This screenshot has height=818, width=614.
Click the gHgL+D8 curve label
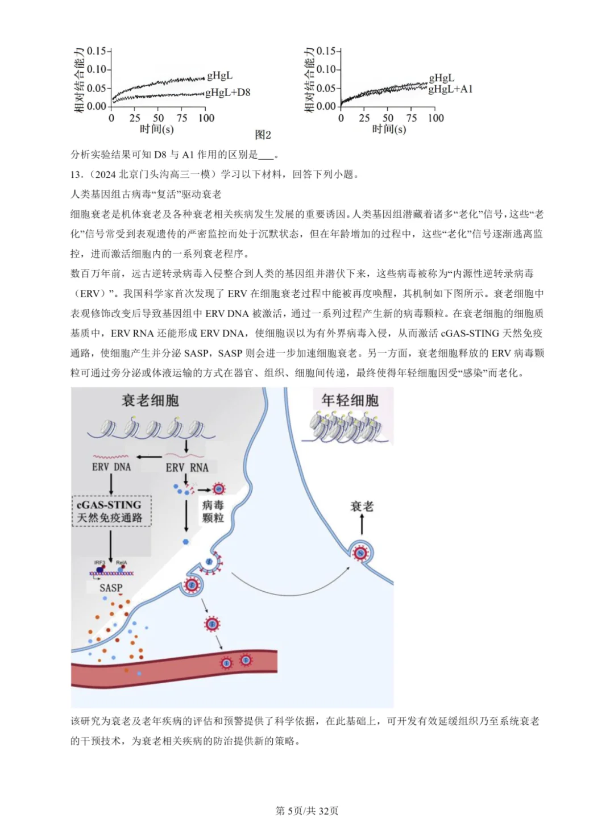(227, 92)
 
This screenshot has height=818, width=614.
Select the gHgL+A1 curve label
(450, 89)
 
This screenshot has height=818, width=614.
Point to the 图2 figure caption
(263, 135)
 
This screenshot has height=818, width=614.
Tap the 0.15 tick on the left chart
(97, 51)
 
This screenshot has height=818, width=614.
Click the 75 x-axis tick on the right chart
(412, 118)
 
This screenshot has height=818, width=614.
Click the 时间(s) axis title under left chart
(157, 129)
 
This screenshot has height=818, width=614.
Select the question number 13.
(77, 175)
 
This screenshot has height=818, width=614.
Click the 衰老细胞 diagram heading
(150, 401)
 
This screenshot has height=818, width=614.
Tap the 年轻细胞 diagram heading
(350, 400)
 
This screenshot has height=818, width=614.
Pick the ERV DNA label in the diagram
(111, 467)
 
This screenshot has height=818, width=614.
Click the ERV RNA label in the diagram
(187, 467)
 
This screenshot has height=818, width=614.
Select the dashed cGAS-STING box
(111, 511)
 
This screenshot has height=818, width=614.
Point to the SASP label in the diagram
(111, 588)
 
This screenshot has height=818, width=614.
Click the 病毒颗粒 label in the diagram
(213, 511)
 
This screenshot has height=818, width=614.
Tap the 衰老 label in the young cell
(362, 506)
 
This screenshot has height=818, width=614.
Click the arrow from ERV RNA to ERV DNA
(148, 456)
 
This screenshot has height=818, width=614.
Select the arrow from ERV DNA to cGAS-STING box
(111, 484)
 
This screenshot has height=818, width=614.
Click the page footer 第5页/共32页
(307, 811)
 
